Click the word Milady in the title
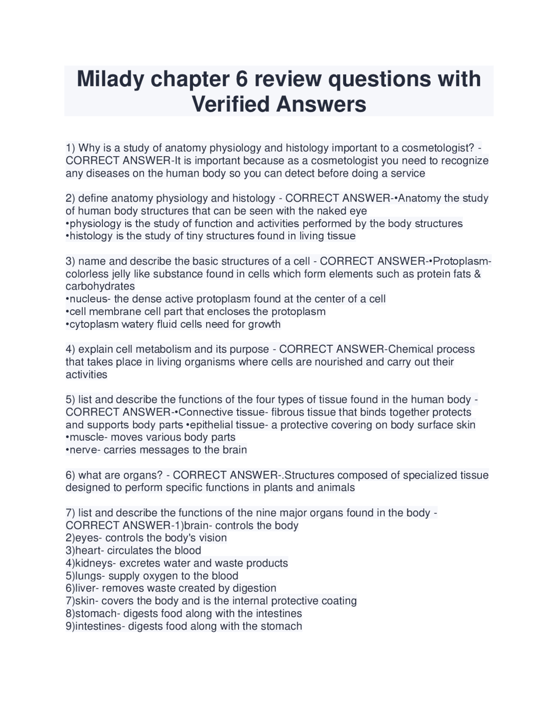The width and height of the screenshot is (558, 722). click(x=112, y=79)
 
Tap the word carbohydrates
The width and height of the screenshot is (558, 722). click(x=100, y=286)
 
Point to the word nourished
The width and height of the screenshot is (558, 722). click(x=336, y=362)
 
